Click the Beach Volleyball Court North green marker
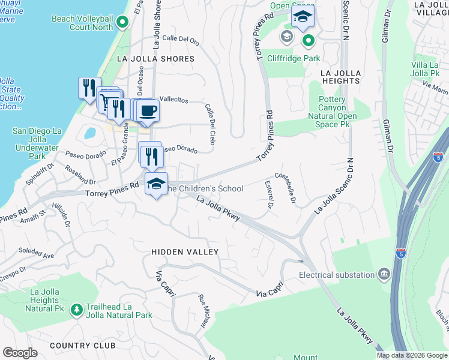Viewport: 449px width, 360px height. click(122, 23)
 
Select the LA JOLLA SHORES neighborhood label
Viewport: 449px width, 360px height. click(156, 59)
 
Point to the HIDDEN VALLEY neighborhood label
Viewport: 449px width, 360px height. click(185, 252)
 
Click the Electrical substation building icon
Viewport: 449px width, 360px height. click(384, 275)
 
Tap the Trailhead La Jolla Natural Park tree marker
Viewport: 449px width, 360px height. click(76, 310)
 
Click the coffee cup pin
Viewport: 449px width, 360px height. click(148, 110)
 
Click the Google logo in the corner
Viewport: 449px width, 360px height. click(20, 353)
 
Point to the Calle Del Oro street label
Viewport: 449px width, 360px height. click(180, 39)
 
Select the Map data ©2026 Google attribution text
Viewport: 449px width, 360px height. click(412, 355)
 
